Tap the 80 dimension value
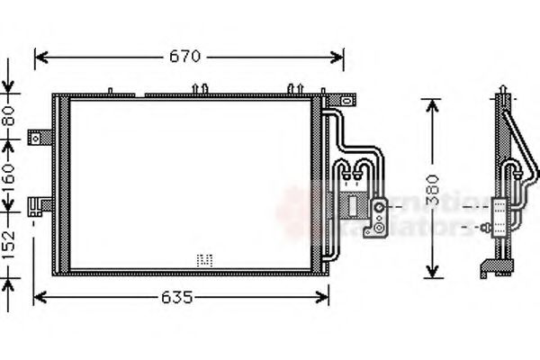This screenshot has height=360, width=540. pos(8,114)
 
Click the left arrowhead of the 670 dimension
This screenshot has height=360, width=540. pos(39,57)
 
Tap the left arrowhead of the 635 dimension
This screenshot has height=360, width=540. pos(38,296)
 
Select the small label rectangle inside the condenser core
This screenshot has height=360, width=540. pos(204,259)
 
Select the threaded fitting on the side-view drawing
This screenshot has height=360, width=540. pos(489,227)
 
